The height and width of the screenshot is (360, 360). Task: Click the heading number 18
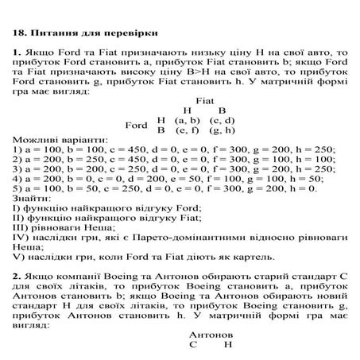(x=20, y=34)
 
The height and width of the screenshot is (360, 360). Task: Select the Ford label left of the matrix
(x=137, y=125)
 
